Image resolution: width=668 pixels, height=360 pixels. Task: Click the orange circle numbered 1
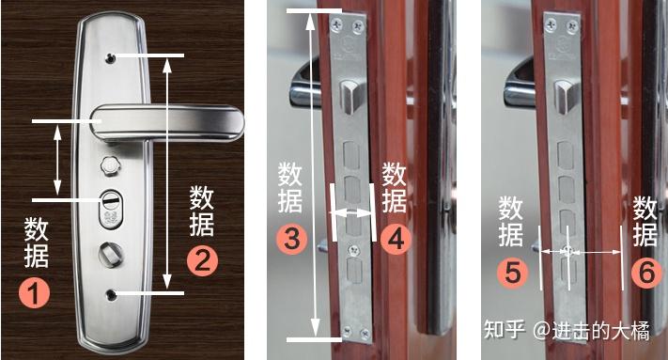click(34, 292)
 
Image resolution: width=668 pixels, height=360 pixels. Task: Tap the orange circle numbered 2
click(202, 260)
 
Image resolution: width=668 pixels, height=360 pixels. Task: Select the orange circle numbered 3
click(292, 239)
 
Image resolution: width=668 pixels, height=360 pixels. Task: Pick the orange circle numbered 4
click(396, 239)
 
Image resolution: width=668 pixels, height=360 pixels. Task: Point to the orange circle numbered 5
click(512, 273)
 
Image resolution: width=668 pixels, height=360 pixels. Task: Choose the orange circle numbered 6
click(646, 273)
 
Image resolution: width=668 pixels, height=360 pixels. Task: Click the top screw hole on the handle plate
click(111, 57)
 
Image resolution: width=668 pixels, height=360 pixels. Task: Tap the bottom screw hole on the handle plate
click(111, 294)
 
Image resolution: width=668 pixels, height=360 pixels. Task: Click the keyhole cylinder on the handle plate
click(111, 208)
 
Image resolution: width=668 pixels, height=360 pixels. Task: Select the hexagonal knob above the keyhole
click(110, 164)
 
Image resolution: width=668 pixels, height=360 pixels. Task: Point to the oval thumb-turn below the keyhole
click(109, 255)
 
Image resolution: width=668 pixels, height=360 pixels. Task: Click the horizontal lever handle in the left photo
click(167, 123)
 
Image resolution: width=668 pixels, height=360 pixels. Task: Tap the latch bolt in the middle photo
click(350, 96)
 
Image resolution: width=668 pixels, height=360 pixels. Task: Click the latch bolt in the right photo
click(565, 96)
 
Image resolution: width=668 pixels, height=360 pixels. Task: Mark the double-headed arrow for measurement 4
click(352, 211)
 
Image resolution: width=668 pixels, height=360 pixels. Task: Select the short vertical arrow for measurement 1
click(57, 160)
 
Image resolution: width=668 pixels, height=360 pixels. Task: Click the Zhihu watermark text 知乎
click(504, 329)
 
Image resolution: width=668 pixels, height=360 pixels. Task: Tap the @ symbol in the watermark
click(541, 330)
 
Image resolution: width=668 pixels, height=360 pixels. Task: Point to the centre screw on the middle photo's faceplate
click(353, 251)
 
